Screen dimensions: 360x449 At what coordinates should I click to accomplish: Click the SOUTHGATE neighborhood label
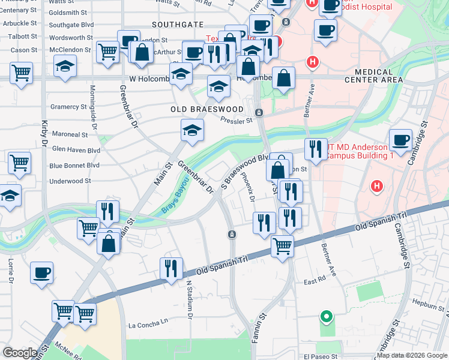point(178,25)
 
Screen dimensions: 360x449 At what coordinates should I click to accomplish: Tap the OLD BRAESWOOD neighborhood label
point(207,109)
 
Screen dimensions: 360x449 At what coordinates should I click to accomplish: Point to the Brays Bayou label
point(172,200)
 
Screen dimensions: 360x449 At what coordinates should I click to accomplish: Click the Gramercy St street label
point(69,107)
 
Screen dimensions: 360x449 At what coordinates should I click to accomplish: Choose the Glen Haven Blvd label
point(76,149)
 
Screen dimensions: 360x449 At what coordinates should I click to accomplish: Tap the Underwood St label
point(70,181)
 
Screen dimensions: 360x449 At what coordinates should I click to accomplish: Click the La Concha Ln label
point(149,325)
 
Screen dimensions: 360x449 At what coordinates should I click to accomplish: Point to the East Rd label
point(313,281)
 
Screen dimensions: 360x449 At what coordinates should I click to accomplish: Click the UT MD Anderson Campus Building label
point(360,151)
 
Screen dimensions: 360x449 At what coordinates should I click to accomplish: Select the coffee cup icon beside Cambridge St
point(400,141)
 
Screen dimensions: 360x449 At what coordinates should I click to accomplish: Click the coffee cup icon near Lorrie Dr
point(41,272)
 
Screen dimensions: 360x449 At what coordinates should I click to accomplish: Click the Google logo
point(20,353)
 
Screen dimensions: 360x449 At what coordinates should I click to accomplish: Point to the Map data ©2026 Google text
point(412,355)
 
